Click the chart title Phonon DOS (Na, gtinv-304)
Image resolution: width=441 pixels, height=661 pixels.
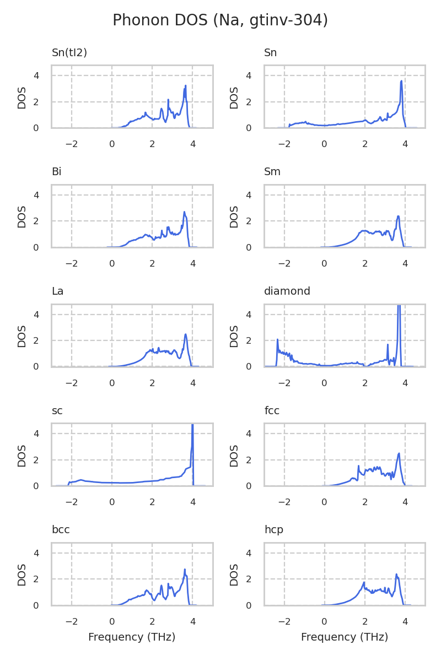click(220, 20)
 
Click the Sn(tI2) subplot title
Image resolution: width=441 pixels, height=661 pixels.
click(69, 53)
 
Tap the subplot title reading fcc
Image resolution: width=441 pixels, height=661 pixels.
click(271, 410)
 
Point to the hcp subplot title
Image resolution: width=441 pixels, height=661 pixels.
click(273, 530)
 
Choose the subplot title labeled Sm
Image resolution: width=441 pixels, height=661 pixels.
click(272, 172)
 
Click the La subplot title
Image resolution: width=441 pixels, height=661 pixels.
click(57, 291)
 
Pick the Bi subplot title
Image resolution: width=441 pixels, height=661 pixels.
click(56, 172)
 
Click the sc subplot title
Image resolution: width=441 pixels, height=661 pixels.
click(57, 410)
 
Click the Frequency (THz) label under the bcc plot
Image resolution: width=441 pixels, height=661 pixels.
click(132, 637)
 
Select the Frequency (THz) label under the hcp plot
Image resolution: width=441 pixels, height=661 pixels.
click(345, 637)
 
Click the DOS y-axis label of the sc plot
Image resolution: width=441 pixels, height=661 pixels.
click(22, 455)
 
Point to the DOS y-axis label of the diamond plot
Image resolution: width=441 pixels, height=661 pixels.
click(235, 335)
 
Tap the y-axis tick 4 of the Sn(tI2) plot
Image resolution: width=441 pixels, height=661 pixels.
click(36, 75)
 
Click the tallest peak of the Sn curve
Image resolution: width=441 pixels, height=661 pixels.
click(402, 81)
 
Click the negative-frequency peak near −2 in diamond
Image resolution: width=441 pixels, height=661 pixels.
click(277, 339)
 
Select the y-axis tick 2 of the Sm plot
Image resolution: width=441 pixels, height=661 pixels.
click(249, 221)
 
